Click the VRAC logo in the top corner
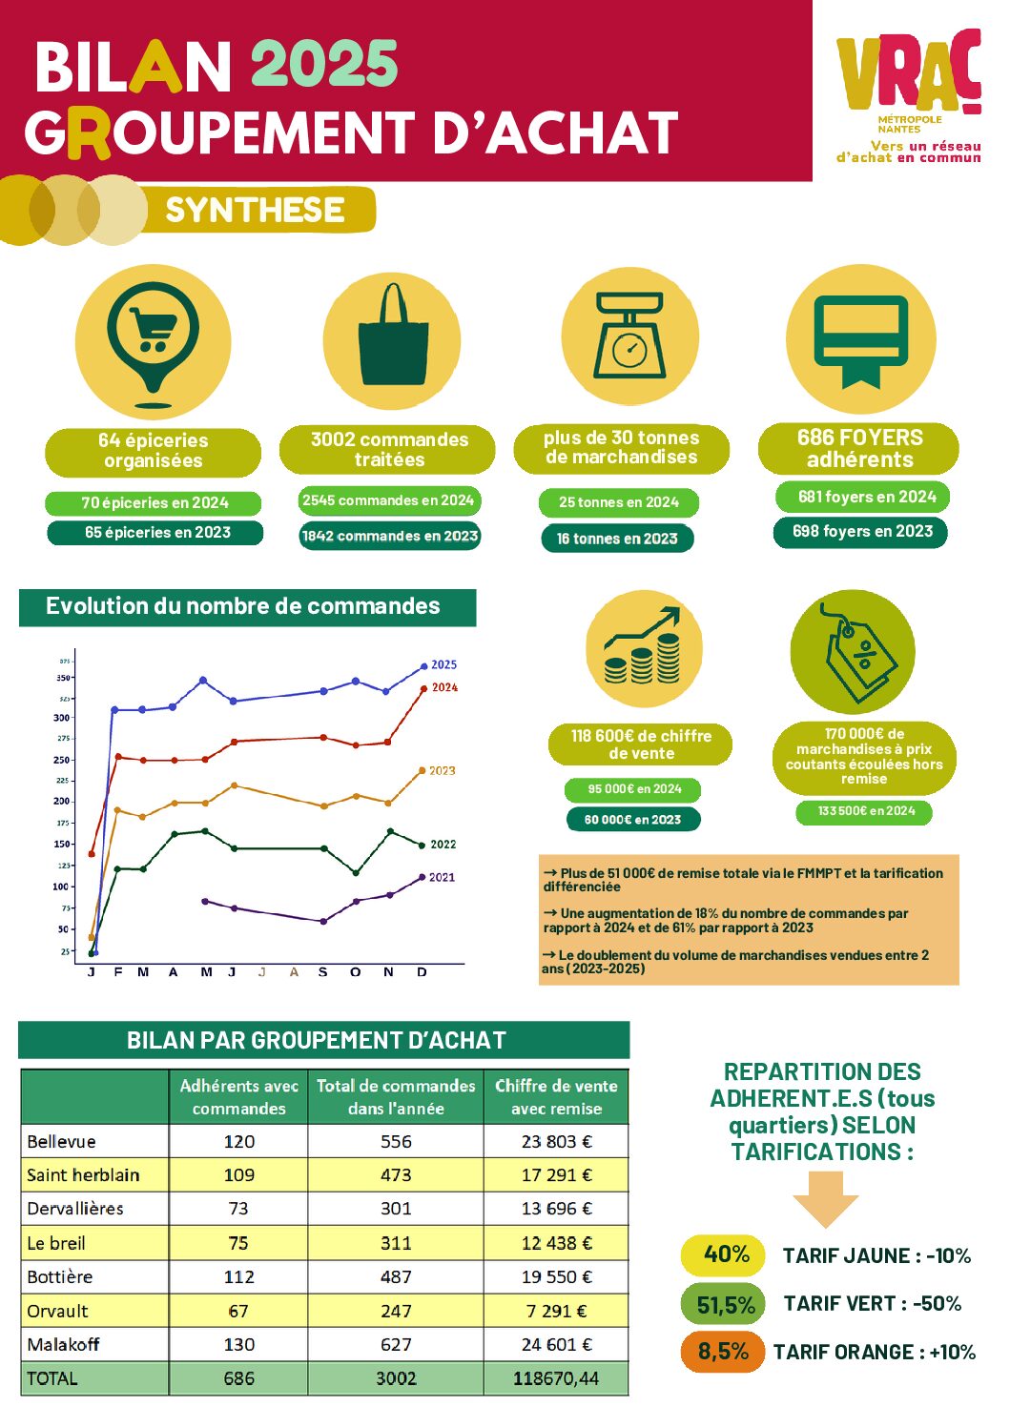tap(909, 95)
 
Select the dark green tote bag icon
tap(392, 337)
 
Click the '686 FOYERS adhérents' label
tap(859, 448)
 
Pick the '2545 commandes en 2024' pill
tap(388, 500)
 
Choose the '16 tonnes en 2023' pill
tap(617, 539)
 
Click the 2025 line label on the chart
tap(443, 664)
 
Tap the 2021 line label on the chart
tap(442, 877)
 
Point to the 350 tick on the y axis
tap(63, 678)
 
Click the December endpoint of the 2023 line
tap(422, 771)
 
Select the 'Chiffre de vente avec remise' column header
tap(556, 1096)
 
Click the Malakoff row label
tap(63, 1344)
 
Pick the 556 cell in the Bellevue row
tap(396, 1141)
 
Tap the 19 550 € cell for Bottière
tap(556, 1276)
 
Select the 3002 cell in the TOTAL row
tap(396, 1378)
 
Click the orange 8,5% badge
tap(723, 1352)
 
